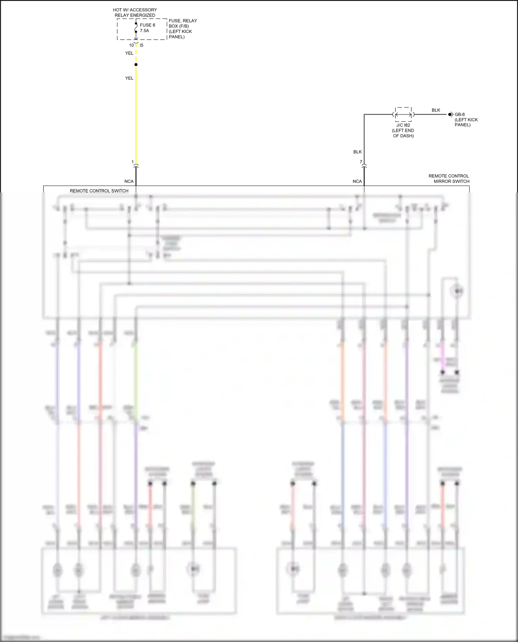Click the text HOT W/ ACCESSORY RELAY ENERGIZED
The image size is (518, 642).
tap(135, 12)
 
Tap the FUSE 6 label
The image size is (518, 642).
tap(147, 25)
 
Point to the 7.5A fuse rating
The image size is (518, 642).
tap(144, 31)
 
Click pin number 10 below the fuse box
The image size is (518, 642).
tap(131, 45)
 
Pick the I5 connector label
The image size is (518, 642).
tap(142, 45)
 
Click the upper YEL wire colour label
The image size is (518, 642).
tap(129, 53)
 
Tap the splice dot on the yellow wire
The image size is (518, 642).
tap(136, 65)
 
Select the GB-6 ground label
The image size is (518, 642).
tap(460, 115)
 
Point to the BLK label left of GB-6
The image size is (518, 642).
tap(436, 110)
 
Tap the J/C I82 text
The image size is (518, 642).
tap(403, 125)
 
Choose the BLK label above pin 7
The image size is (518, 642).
tap(357, 152)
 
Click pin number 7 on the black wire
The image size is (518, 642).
tap(361, 162)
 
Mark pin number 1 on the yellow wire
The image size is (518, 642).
tap(133, 162)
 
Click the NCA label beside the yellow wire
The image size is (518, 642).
tap(129, 181)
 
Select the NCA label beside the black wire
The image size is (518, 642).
tap(357, 181)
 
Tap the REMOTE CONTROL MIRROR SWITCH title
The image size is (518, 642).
tap(449, 179)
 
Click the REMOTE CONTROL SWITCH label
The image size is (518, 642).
tap(99, 191)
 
